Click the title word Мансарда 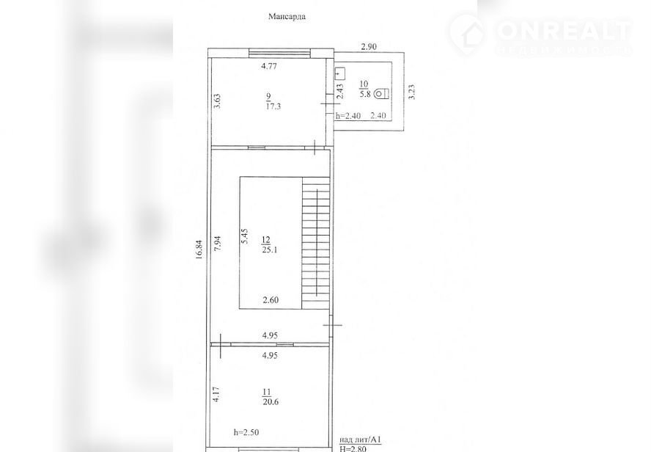tap(287, 17)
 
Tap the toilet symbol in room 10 tap(381, 94)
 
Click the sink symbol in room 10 tap(340, 74)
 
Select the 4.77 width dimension tap(269, 65)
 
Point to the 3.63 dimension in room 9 tap(217, 101)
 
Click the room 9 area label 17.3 tap(273, 106)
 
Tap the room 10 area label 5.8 tap(365, 95)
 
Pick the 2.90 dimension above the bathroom tap(369, 46)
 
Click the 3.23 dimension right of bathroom tap(411, 92)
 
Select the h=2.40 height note tap(348, 116)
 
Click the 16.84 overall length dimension tap(199, 249)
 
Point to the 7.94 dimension tap(218, 244)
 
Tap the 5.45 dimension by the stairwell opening tap(245, 236)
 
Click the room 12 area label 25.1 tap(270, 250)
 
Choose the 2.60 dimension tap(271, 300)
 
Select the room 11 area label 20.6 tap(271, 401)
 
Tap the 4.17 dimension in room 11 tap(216, 394)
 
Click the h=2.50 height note tap(246, 432)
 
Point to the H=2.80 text tap(353, 448)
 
